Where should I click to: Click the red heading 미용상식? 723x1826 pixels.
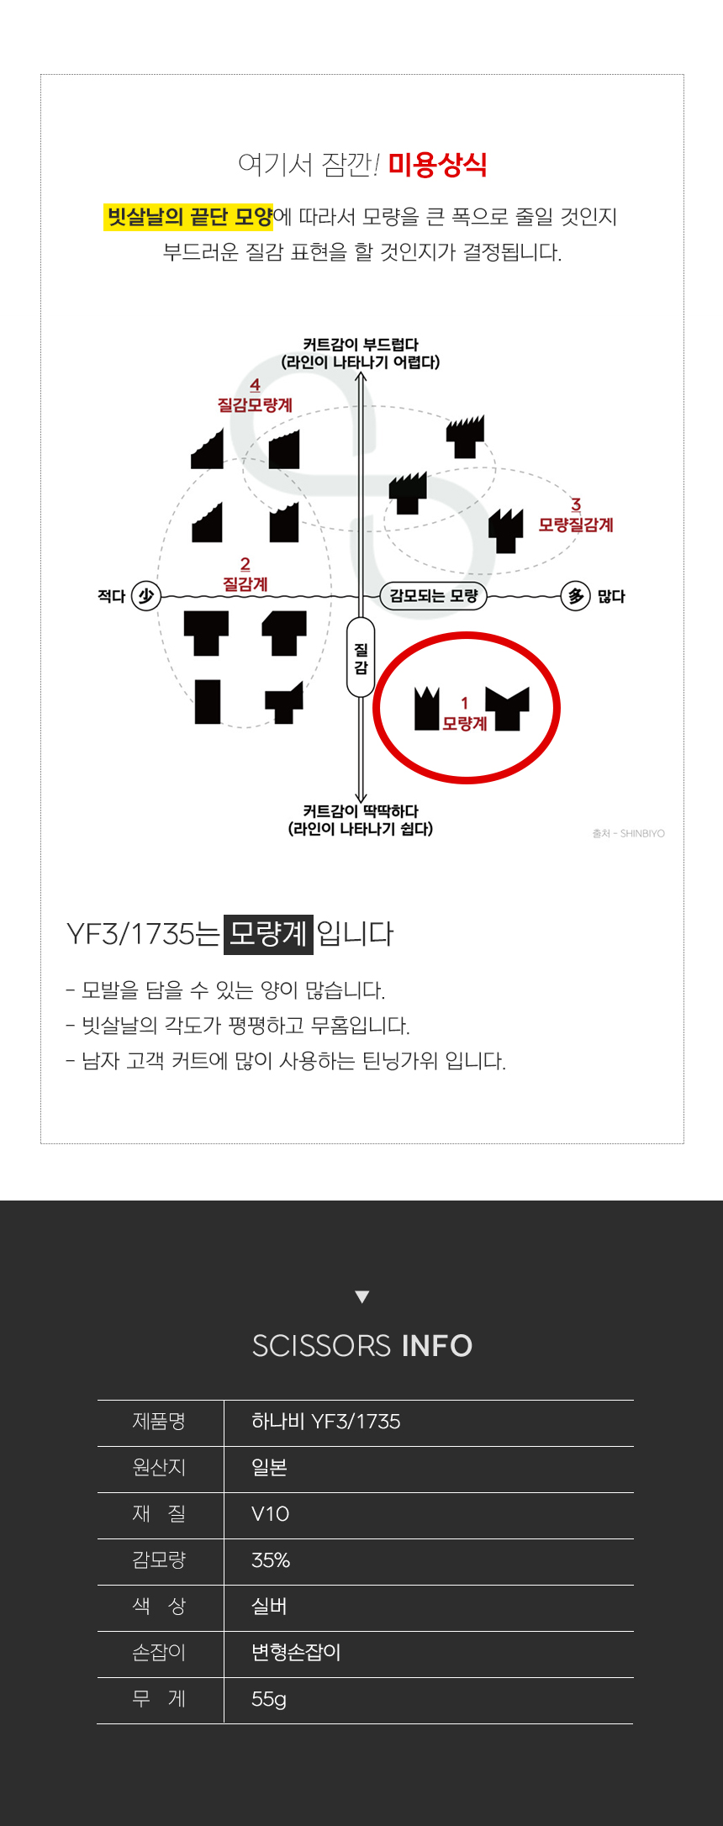point(437,164)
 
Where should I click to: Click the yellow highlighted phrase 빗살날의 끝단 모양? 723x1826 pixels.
point(189,217)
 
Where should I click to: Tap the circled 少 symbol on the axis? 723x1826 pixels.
point(146,596)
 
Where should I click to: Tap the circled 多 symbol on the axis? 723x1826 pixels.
point(576,596)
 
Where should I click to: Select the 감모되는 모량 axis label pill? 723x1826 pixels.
point(434,596)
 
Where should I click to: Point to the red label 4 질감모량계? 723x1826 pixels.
point(255,396)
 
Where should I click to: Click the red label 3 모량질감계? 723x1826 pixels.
point(576,516)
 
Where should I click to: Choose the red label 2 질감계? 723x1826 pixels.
point(245,575)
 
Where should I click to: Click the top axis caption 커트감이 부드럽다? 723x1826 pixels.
point(361,344)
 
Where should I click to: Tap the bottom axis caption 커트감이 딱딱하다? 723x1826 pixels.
point(361,810)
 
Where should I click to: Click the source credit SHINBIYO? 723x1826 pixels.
point(642,834)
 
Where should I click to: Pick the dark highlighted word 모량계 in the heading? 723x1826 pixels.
point(268,934)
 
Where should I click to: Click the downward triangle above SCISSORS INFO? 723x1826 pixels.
point(362,1296)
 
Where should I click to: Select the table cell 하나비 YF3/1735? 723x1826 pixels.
point(326,1422)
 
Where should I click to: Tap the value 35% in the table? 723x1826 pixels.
point(271,1560)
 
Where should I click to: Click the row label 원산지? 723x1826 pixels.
point(159,1467)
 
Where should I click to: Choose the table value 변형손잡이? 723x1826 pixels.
point(296,1652)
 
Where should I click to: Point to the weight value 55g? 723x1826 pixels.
point(269,1699)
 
